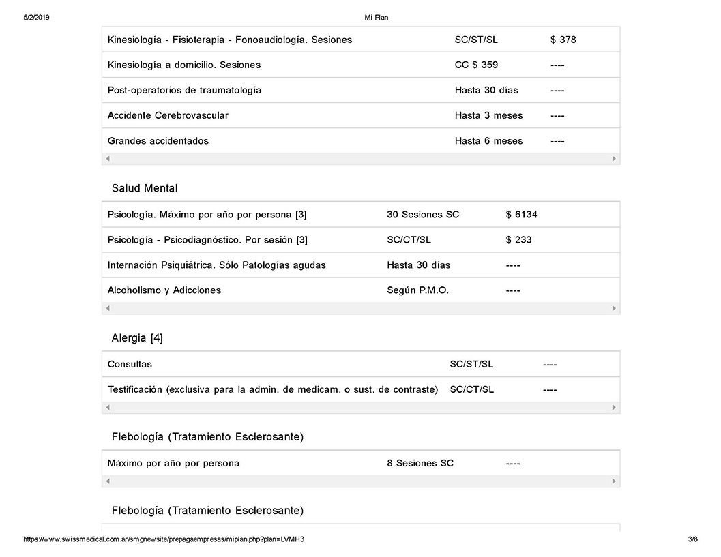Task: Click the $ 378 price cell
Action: (x=563, y=40)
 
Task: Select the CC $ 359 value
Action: (x=476, y=65)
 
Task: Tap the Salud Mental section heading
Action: (x=145, y=188)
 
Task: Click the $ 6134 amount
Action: (x=521, y=215)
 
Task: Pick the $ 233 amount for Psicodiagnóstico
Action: (x=518, y=240)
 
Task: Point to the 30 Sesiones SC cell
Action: (x=423, y=215)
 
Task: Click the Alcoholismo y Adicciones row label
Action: (x=164, y=290)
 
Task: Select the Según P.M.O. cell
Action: (x=417, y=290)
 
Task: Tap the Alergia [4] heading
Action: (x=137, y=338)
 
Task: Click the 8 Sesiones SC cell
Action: (x=420, y=464)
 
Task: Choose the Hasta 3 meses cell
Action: (x=488, y=115)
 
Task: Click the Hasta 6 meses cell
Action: (x=488, y=141)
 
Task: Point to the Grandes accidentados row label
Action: (x=158, y=141)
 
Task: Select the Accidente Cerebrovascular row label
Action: (x=168, y=115)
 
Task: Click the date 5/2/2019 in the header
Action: (x=36, y=18)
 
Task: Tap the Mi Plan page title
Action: (x=377, y=18)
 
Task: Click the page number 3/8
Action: (x=693, y=539)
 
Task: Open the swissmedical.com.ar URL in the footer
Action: (x=164, y=539)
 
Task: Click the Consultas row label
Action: (x=130, y=364)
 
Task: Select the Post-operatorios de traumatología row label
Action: (x=184, y=90)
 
